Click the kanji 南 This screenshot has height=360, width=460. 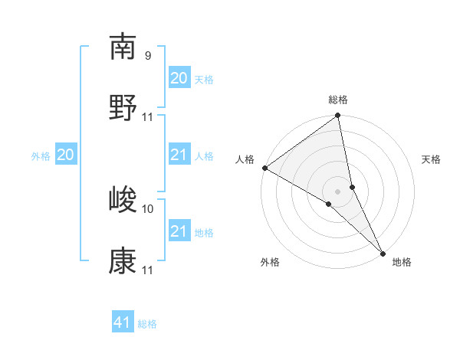click(x=123, y=47)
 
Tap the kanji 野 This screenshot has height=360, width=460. click(x=123, y=107)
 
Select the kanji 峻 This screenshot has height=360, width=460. click(x=123, y=200)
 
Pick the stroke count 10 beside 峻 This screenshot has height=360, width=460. click(x=148, y=208)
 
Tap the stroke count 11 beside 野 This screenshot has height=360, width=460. click(x=148, y=117)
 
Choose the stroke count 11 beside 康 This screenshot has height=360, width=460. click(x=148, y=270)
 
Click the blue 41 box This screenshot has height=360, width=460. click(x=123, y=323)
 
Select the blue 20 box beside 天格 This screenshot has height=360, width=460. click(x=179, y=78)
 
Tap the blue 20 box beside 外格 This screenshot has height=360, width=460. click(x=65, y=155)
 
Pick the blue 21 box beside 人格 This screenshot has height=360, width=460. click(x=179, y=155)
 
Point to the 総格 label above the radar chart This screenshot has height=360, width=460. click(x=338, y=100)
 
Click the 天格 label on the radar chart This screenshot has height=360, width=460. click(x=432, y=159)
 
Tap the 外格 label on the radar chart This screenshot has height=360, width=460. click(x=270, y=262)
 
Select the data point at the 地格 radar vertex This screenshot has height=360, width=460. click(x=383, y=252)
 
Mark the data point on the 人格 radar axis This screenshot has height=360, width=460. click(x=264, y=168)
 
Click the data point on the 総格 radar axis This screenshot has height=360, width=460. click(x=338, y=116)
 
